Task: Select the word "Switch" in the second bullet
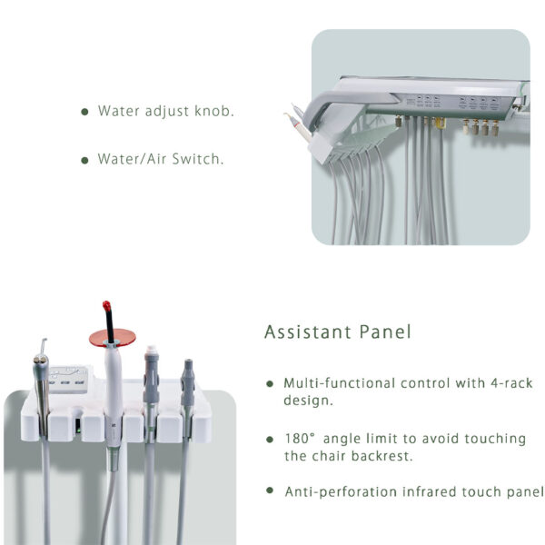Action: click(201, 159)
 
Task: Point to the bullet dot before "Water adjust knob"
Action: click(84, 112)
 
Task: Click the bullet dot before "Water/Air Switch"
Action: click(84, 160)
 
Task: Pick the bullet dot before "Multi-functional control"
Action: click(270, 384)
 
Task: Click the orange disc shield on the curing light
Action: click(113, 340)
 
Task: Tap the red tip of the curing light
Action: click(107, 307)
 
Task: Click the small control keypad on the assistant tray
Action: click(70, 377)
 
